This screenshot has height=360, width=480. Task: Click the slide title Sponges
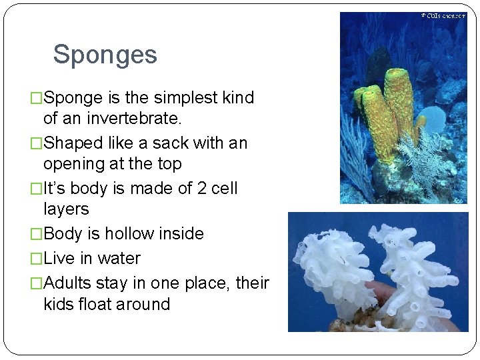click(x=105, y=55)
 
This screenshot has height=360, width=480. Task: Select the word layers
click(x=66, y=209)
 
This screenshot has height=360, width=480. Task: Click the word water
click(x=119, y=259)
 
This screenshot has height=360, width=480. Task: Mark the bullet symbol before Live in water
click(x=37, y=259)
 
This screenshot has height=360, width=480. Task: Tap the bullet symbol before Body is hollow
click(x=37, y=234)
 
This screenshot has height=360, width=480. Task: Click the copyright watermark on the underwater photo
click(x=443, y=16)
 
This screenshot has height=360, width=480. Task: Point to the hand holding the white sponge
click(x=380, y=291)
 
